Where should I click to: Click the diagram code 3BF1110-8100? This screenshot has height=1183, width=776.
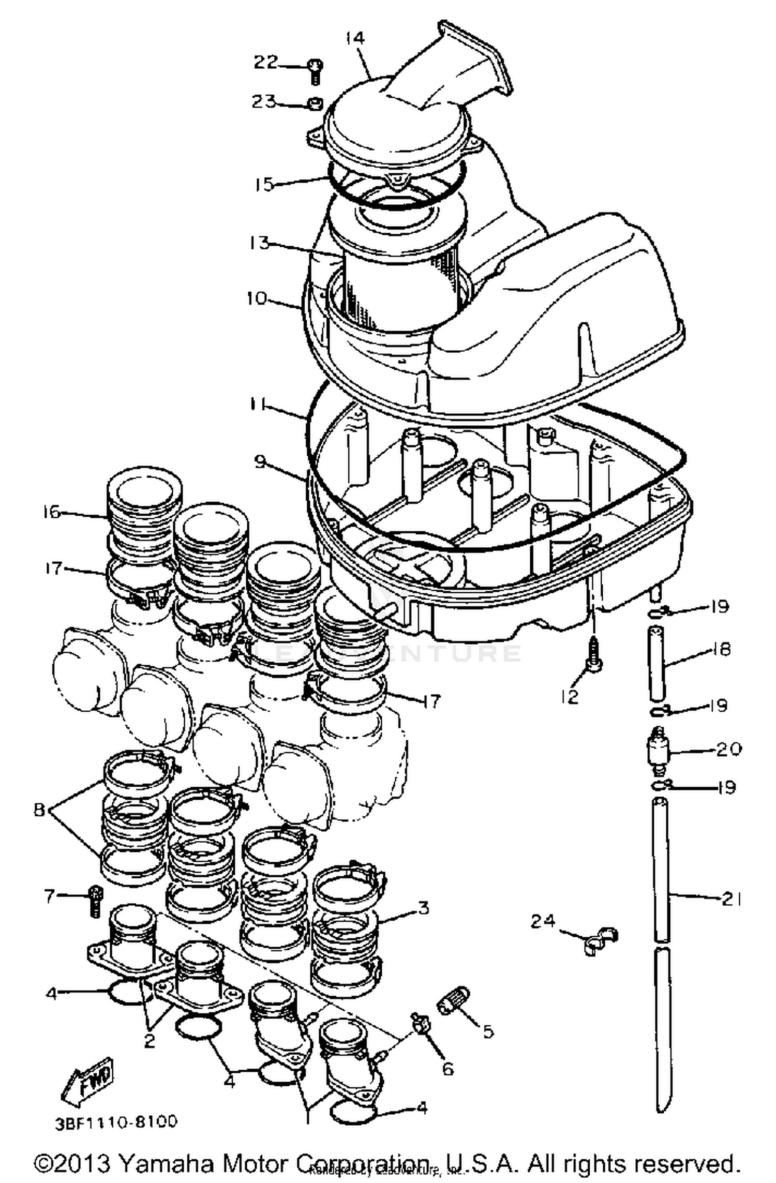116,1121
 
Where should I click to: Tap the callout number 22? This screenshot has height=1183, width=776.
265,63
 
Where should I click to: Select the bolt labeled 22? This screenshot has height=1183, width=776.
314,71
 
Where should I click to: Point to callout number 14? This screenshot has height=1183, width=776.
355,38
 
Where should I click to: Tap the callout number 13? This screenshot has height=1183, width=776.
259,243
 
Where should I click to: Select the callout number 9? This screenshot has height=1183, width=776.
259,462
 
